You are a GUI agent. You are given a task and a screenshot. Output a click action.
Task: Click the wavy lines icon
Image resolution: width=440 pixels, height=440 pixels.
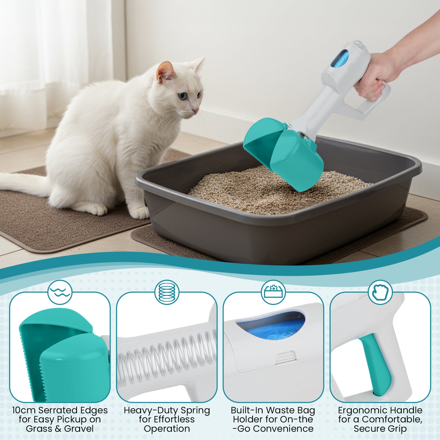pos(60,292)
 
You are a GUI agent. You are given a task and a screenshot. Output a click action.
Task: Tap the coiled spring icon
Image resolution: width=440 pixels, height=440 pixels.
pos(167,292)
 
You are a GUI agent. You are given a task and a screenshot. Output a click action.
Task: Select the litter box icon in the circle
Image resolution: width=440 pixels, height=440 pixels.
pos(273,292)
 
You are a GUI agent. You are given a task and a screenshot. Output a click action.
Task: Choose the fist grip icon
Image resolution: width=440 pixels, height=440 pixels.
pos(380,292)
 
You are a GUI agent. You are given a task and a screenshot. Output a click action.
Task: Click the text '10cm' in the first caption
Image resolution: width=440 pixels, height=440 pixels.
pos(24,410)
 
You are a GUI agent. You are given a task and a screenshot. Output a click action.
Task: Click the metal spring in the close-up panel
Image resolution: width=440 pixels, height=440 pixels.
pos(167,358)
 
